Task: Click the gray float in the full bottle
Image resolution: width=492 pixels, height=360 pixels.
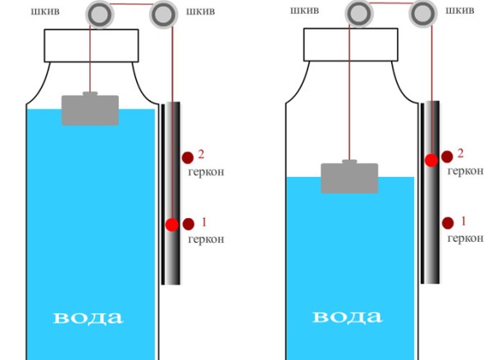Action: [x=90, y=109]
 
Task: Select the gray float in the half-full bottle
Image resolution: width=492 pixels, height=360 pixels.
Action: [x=349, y=177]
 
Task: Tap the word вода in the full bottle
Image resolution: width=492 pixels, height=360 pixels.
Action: [x=89, y=317]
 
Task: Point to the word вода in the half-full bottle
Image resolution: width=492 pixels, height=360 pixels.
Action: [x=348, y=317]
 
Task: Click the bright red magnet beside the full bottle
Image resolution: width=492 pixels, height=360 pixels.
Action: [x=171, y=224]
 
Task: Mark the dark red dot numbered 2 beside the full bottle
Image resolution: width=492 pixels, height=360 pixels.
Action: [x=187, y=157]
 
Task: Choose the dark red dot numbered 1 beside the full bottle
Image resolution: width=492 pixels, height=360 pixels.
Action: [x=189, y=223]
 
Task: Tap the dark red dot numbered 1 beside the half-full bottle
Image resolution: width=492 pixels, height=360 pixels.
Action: [x=448, y=222]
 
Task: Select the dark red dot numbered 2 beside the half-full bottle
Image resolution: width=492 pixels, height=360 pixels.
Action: [x=448, y=156]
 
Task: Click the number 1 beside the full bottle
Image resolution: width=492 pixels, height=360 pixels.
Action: [x=205, y=221]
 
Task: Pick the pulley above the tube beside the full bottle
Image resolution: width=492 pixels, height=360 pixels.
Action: [x=164, y=14]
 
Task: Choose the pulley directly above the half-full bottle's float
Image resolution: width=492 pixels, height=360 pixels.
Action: [x=358, y=13]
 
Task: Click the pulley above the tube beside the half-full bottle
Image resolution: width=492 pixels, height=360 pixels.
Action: [x=422, y=13]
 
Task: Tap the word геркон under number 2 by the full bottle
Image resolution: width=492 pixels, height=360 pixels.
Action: [x=205, y=172]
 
